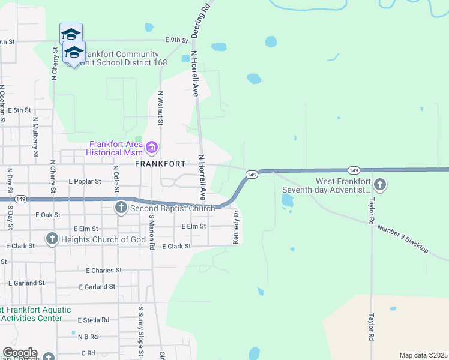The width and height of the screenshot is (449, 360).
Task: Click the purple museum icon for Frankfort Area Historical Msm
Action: pos(151,147)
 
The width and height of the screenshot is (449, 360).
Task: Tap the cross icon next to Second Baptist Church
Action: pos(121,208)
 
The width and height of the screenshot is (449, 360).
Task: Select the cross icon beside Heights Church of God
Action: pos(52,239)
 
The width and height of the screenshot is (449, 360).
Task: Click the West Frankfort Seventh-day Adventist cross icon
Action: pos(379,184)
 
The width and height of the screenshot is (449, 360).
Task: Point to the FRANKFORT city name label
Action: pos(160,163)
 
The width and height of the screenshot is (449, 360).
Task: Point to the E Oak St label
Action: pos(49,214)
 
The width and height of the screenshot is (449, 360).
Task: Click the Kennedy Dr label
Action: pos(236,227)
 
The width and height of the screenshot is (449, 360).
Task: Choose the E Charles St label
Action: pos(104,271)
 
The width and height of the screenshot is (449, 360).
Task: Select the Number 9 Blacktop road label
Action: pos(402,238)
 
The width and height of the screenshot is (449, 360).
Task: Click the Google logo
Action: pos(20,353)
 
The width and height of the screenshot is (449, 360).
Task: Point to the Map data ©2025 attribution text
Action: pos(423,355)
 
